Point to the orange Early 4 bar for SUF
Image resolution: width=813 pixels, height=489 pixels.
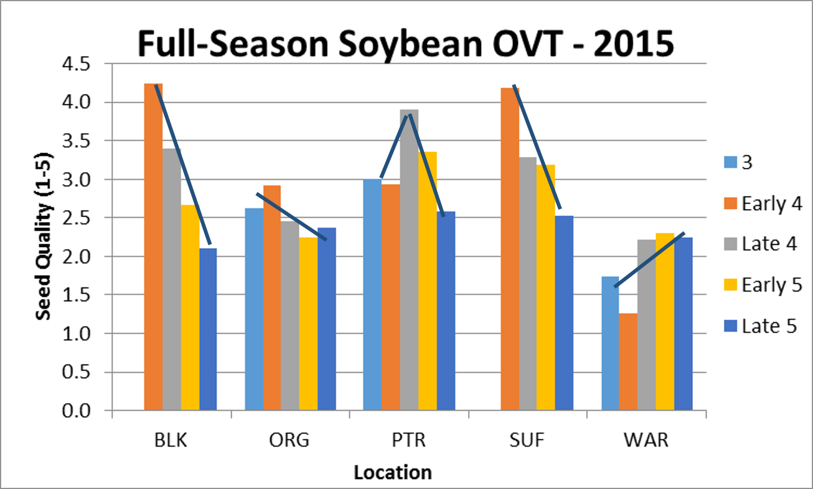(509, 249)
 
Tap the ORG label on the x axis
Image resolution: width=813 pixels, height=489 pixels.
(289, 440)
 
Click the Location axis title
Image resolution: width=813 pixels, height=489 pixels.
(392, 473)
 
